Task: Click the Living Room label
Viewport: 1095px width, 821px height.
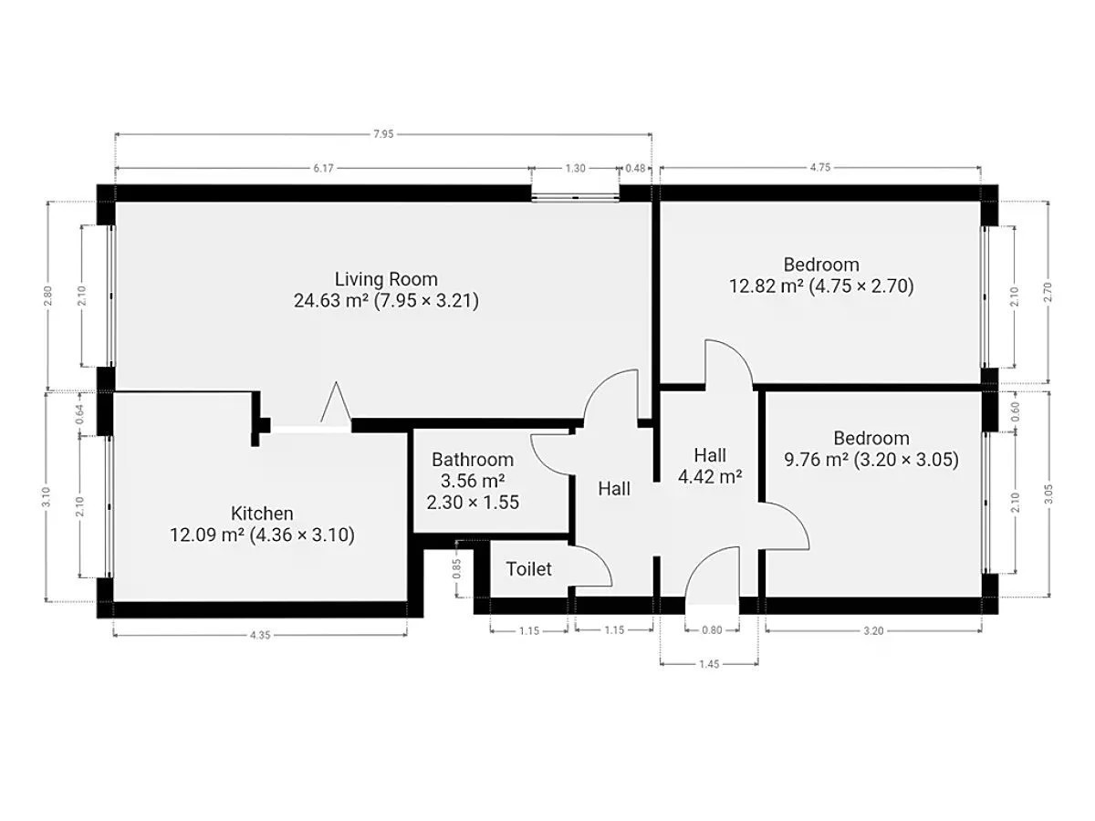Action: pyautogui.click(x=386, y=279)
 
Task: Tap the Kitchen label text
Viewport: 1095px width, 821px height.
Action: pyautogui.click(x=262, y=513)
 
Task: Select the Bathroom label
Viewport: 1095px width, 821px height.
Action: pyautogui.click(x=473, y=459)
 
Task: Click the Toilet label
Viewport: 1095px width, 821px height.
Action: pyautogui.click(x=528, y=568)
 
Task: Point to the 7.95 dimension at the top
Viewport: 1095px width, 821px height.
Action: pyautogui.click(x=383, y=134)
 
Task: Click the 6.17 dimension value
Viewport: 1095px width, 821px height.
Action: pyautogui.click(x=323, y=169)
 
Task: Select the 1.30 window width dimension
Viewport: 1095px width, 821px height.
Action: pyautogui.click(x=575, y=169)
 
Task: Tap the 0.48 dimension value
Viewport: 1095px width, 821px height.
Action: pyautogui.click(x=635, y=169)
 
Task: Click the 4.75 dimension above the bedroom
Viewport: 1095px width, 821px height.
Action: pyautogui.click(x=820, y=168)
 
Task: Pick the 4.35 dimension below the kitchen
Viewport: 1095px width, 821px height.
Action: pyautogui.click(x=260, y=635)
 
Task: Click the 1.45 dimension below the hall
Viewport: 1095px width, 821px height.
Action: pyautogui.click(x=709, y=664)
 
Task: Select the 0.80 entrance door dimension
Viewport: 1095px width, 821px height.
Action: pyautogui.click(x=712, y=630)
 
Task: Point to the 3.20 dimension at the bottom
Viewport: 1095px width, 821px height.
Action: pyautogui.click(x=873, y=631)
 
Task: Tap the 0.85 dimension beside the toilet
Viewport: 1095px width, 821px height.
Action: pyautogui.click(x=456, y=568)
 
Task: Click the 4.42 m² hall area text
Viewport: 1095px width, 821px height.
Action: pyautogui.click(x=709, y=477)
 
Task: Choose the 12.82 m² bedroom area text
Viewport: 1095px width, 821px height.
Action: pyautogui.click(x=766, y=286)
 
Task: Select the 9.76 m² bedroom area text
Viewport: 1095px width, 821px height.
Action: pyautogui.click(x=816, y=460)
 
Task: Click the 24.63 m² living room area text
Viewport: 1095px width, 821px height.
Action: pyautogui.click(x=331, y=301)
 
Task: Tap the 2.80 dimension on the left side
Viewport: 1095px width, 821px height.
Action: pyautogui.click(x=48, y=295)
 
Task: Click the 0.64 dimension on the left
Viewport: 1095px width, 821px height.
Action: pyautogui.click(x=79, y=415)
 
